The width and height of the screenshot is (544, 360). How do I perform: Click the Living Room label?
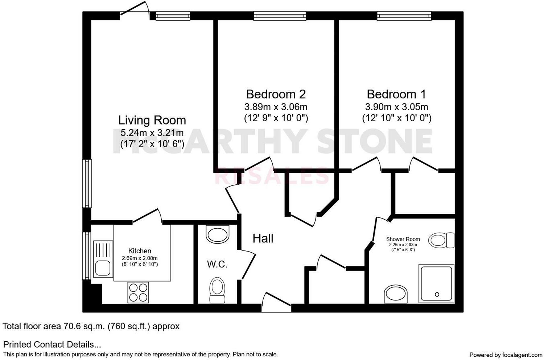152,120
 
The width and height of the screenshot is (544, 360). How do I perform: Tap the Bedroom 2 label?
276,94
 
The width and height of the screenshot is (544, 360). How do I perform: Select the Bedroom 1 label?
396,94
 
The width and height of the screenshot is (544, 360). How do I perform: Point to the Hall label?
263,238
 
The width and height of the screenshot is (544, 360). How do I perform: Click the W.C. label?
217,264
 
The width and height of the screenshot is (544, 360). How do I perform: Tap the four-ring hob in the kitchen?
138,292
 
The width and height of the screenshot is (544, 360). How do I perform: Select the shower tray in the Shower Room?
436,283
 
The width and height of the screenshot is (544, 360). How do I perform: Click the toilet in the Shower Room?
441,240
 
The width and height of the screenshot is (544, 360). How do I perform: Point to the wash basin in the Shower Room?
396,294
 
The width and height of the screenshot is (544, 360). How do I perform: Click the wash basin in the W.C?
218,234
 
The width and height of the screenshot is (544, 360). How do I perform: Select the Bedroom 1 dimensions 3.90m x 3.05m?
396,107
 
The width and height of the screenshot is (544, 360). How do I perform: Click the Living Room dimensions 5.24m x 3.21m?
152,133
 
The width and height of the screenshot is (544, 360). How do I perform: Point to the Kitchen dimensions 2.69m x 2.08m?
140,258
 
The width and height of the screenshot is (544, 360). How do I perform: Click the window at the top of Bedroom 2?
280,16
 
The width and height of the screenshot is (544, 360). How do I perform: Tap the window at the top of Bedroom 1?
404,16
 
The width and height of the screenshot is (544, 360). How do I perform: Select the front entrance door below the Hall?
276,303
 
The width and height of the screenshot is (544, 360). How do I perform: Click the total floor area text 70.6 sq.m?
91,326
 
